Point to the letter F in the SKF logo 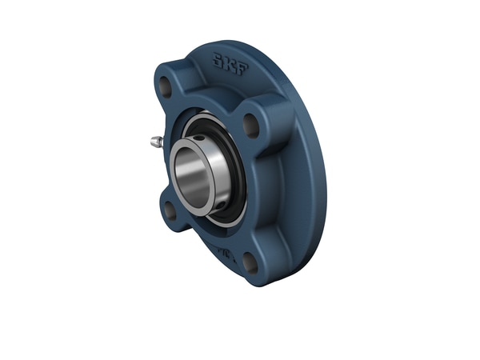[241, 68]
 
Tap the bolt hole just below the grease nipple [169, 210]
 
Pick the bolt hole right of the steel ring [250, 124]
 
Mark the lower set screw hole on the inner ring [210, 209]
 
